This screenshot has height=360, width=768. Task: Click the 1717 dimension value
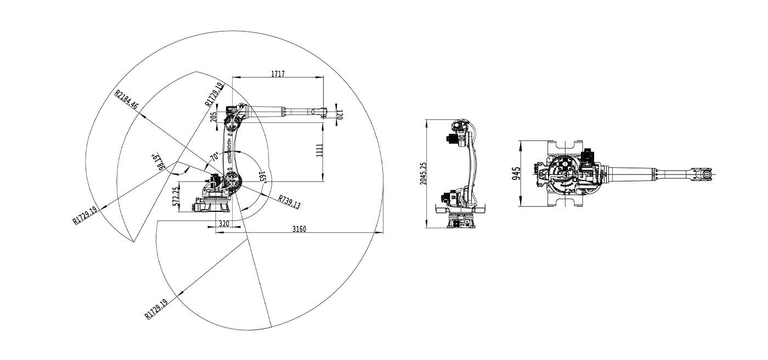pyautogui.click(x=278, y=74)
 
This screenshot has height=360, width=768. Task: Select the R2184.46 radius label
pyautogui.click(x=126, y=100)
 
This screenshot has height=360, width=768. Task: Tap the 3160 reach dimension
pyautogui.click(x=299, y=229)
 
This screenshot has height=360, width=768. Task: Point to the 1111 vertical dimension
pyautogui.click(x=319, y=150)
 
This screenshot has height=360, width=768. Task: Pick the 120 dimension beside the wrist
pyautogui.click(x=339, y=115)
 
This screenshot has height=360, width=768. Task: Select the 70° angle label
pyautogui.click(x=214, y=157)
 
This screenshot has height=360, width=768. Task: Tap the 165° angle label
pyautogui.click(x=263, y=178)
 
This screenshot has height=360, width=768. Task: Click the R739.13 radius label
pyautogui.click(x=289, y=202)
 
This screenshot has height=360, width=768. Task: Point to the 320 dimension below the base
pyautogui.click(x=224, y=223)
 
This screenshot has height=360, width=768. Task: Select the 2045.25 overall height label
pyautogui.click(x=423, y=173)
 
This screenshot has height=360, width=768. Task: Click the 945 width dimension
pyautogui.click(x=516, y=173)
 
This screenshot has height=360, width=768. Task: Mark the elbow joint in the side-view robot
pyautogui.click(x=233, y=122)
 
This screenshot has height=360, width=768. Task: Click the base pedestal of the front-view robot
pyautogui.click(x=461, y=222)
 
